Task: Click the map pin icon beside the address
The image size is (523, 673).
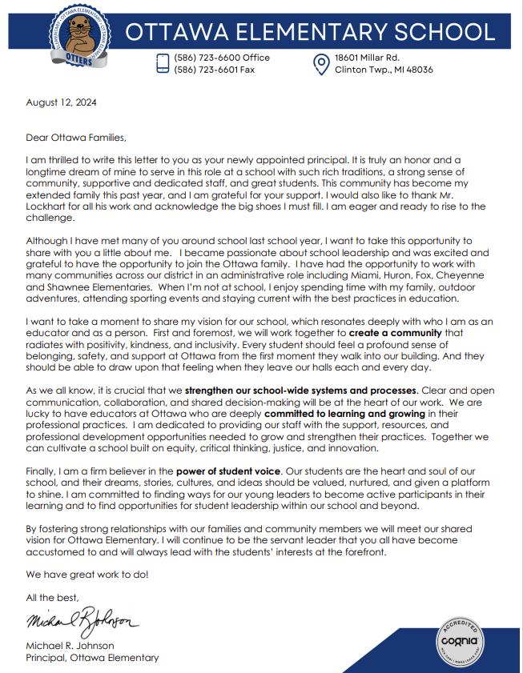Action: [320, 63]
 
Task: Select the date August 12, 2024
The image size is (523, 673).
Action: [58, 103]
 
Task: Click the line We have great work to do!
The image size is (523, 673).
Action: [87, 575]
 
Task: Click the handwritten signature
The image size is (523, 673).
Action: [82, 621]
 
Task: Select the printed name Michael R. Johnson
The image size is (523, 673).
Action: [70, 646]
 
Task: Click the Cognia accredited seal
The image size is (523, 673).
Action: [460, 639]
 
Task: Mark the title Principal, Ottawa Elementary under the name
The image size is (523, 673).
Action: [92, 658]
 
